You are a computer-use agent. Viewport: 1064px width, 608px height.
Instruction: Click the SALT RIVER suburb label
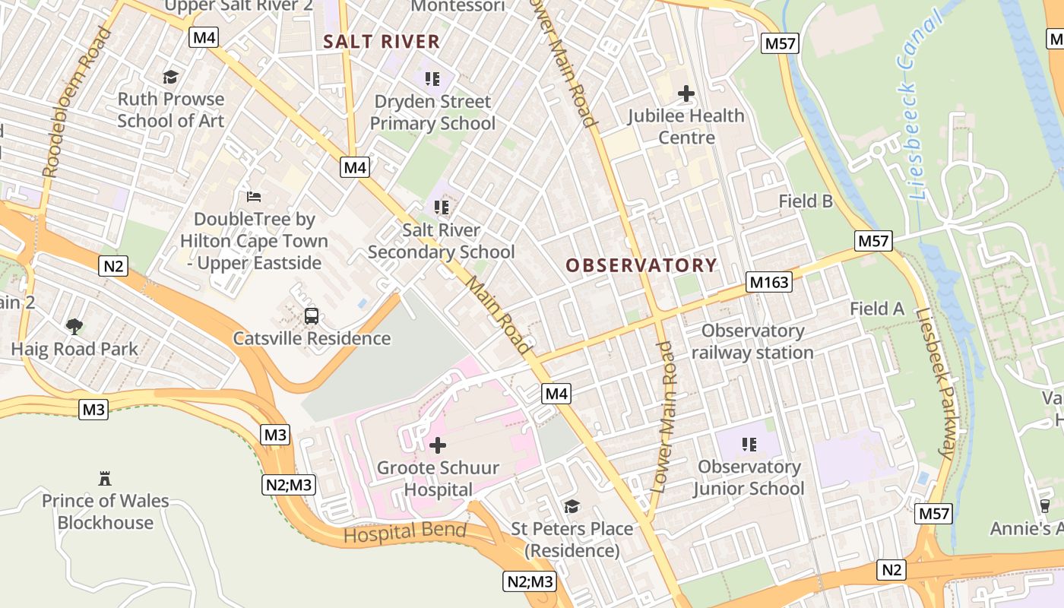(382, 41)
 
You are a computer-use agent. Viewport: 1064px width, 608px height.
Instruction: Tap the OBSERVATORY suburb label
(641, 265)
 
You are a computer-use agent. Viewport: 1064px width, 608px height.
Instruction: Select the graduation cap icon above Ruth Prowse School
(171, 77)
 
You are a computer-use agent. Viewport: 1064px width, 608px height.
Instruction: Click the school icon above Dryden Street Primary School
(432, 79)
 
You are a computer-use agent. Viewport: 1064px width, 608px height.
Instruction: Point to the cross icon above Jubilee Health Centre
(686, 93)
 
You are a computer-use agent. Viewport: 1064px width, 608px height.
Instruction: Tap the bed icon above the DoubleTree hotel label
(254, 197)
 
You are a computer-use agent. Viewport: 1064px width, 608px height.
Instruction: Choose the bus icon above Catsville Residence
(312, 316)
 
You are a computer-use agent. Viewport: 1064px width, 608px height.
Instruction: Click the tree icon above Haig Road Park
(74, 327)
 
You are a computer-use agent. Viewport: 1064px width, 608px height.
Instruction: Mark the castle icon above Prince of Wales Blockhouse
(105, 479)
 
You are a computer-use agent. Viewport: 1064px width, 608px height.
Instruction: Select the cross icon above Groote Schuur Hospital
(438, 445)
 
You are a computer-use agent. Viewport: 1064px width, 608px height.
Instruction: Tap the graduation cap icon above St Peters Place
(572, 506)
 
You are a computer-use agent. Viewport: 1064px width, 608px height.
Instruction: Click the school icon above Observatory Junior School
(749, 444)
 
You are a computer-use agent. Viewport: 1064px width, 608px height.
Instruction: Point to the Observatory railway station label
(752, 342)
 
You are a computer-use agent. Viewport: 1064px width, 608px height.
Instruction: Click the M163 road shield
(768, 282)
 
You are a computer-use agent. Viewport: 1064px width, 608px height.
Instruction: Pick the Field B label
(806, 201)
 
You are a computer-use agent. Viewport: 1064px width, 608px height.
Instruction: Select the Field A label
(877, 309)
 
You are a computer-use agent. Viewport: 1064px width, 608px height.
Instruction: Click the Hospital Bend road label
(404, 532)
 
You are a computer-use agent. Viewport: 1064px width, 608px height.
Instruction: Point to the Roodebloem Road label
(75, 103)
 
